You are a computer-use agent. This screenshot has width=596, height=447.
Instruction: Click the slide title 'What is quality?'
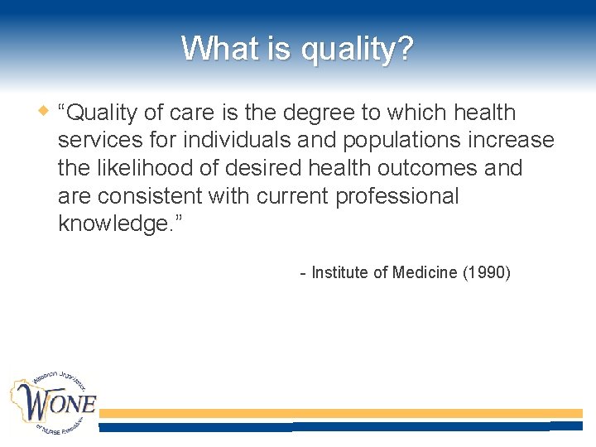297,48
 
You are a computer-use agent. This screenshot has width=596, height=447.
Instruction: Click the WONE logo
53,402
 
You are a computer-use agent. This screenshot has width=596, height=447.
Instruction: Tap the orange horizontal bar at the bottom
339,413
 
